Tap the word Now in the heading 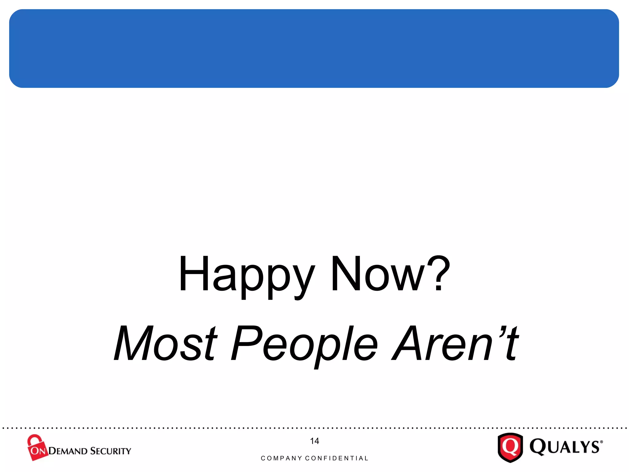tap(377, 273)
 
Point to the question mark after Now tap(439, 273)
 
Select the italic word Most tap(166, 343)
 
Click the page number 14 tap(314, 441)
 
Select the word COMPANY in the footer tap(281, 458)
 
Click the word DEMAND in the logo tap(68, 451)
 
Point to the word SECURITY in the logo tap(111, 451)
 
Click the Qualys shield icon tap(510, 447)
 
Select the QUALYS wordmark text tap(565, 447)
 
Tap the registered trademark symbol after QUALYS tap(601, 442)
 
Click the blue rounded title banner tap(314, 49)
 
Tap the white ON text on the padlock tap(38, 451)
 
